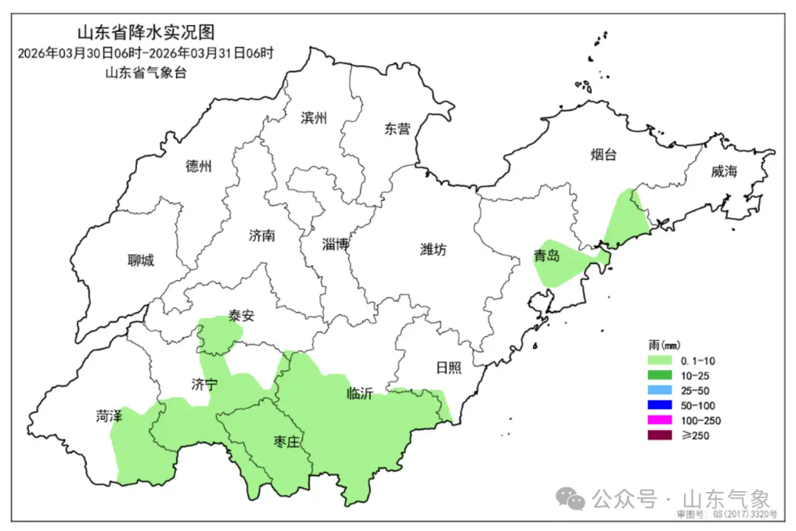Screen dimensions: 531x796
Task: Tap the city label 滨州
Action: (313, 118)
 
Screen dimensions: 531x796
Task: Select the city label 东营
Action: (397, 129)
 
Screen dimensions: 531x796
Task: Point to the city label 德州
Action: (199, 166)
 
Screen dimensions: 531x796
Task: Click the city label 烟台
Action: (603, 155)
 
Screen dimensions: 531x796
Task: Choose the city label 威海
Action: (724, 172)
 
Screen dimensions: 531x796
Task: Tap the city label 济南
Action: (262, 236)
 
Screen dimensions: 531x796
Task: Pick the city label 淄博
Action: (335, 245)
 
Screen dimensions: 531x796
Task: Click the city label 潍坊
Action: (433, 250)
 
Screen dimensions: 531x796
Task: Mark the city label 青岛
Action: (547, 256)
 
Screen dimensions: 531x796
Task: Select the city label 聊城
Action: (141, 260)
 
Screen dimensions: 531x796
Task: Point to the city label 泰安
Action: (241, 316)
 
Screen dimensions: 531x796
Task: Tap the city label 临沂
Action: (360, 393)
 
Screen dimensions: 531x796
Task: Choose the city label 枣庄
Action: (287, 442)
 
